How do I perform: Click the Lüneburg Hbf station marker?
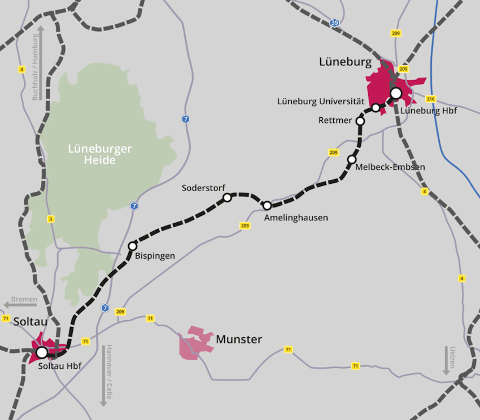tap(396, 93)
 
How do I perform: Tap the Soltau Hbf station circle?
tap(42, 353)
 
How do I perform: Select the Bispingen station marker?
tap(133, 246)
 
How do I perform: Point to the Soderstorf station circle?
tap(227, 197)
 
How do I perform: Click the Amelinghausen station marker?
tap(267, 205)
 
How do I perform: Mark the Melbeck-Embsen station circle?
tap(352, 160)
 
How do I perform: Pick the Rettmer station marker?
tap(360, 121)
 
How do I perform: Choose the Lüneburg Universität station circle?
tap(376, 108)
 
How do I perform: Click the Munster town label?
tap(239, 339)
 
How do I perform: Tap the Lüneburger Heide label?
tap(100, 154)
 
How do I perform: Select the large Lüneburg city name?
tap(345, 62)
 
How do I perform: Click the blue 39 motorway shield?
tap(335, 23)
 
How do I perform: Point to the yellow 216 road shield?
tap(431, 99)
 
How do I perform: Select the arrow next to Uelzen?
tap(446, 360)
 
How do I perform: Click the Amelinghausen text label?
tap(296, 218)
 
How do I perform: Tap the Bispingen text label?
tap(155, 256)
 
